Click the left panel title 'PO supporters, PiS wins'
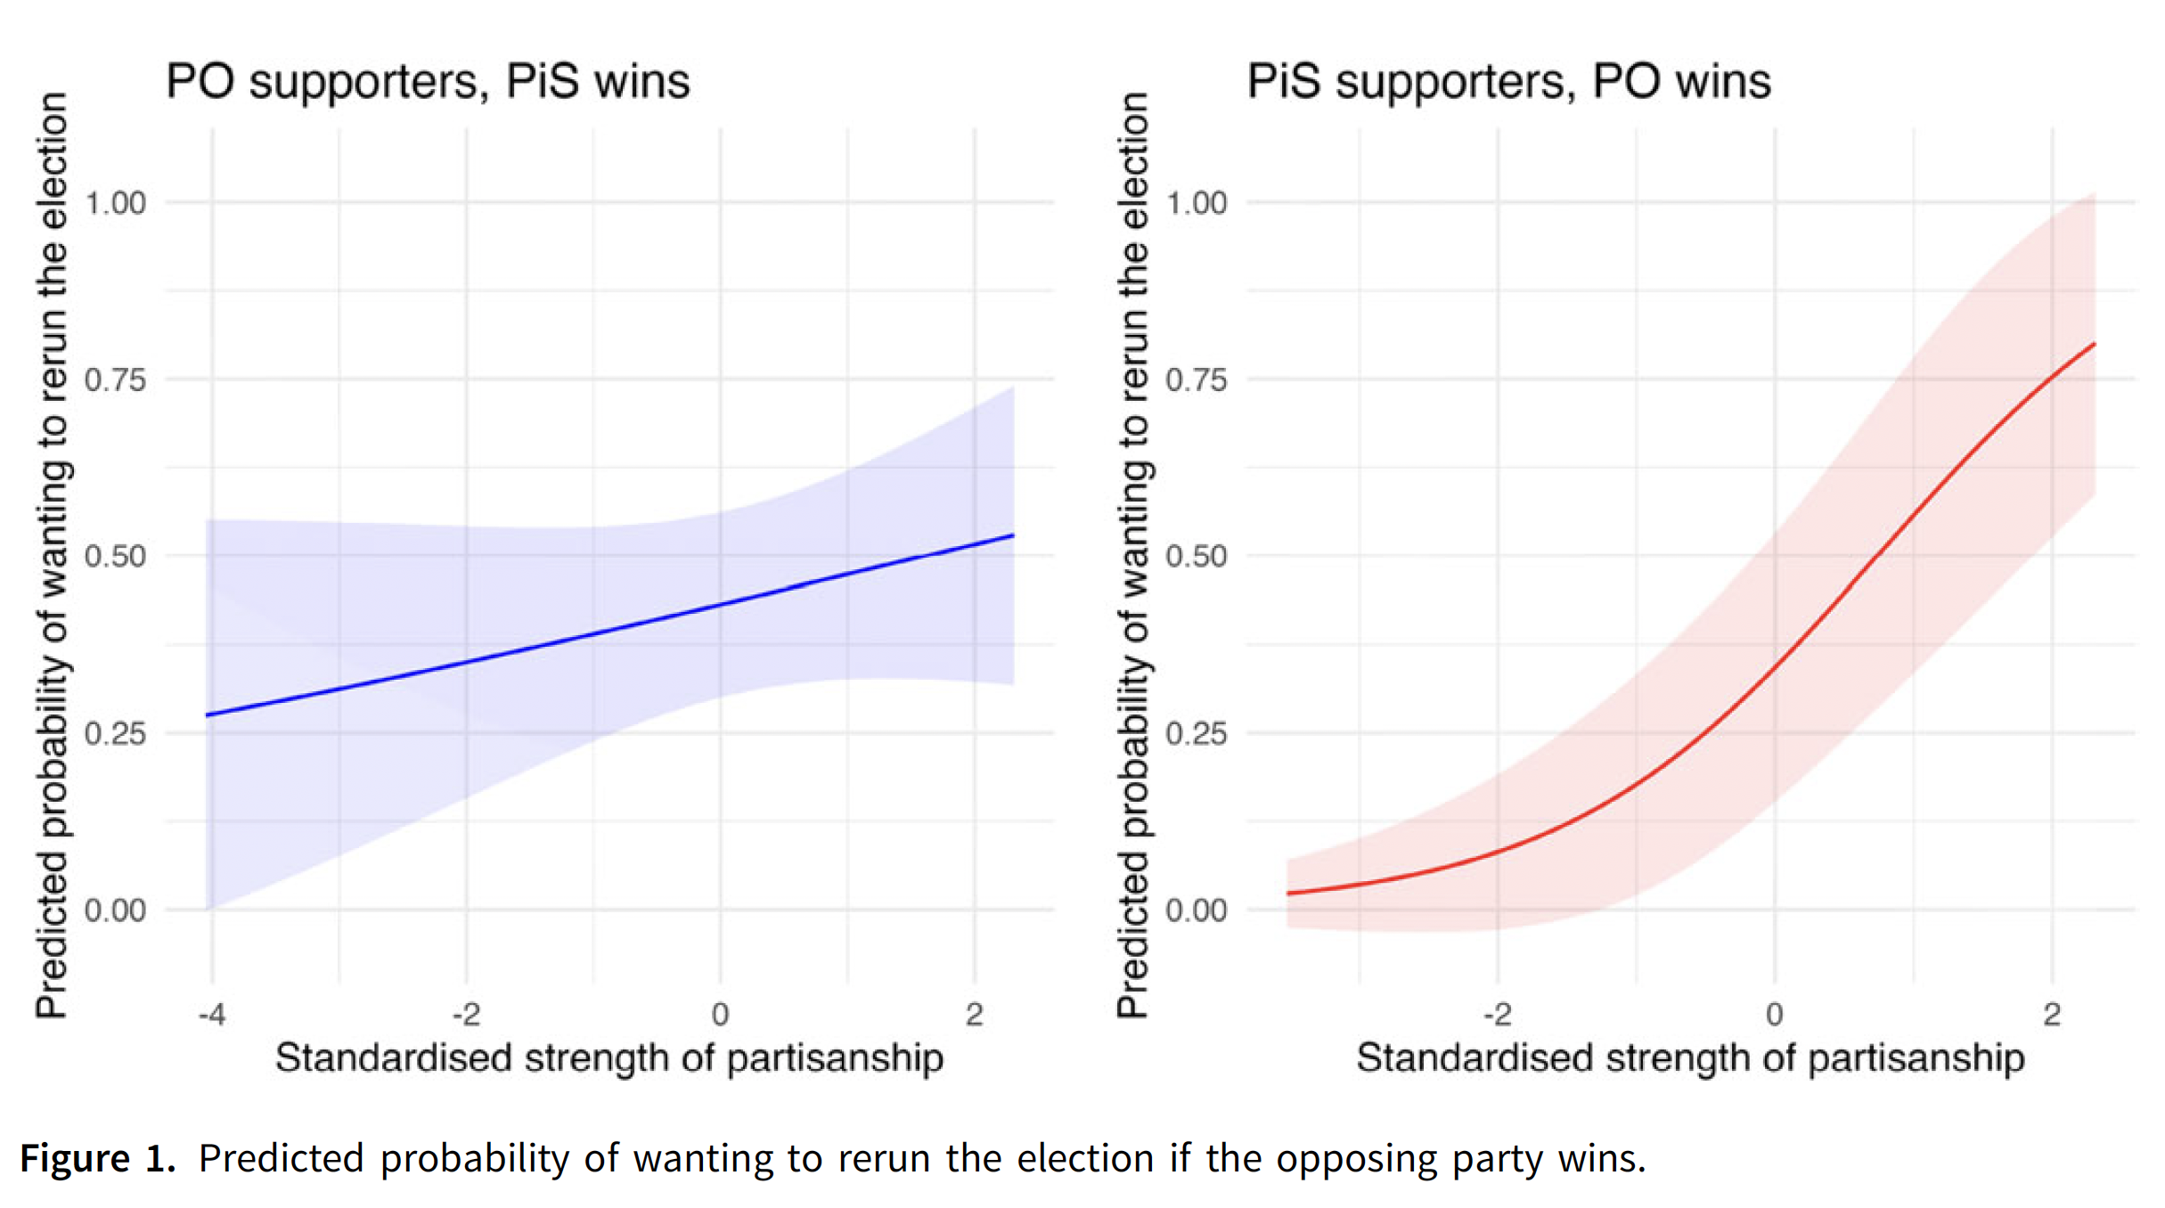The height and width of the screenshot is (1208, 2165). pos(428,81)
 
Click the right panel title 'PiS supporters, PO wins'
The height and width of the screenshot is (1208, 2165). pos(1508,81)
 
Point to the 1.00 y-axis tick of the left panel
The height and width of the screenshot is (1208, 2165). pos(116,203)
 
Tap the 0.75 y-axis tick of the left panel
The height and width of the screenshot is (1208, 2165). pos(116,380)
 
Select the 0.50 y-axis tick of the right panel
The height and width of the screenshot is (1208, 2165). pos(1197,557)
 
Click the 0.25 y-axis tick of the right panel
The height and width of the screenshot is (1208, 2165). pos(1197,734)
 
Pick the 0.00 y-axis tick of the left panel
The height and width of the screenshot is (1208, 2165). pos(116,911)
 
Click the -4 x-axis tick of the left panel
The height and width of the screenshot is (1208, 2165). pos(211,1015)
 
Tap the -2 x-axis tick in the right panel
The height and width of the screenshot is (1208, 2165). pos(1497,1015)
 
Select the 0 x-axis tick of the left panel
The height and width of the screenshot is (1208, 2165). pos(720,1015)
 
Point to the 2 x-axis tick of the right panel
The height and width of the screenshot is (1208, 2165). pos(2052,1015)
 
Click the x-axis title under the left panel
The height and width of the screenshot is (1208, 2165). pos(609,1058)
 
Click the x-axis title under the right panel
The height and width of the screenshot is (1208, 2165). pos(1690,1058)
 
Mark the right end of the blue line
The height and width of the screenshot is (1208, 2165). pos(1013,535)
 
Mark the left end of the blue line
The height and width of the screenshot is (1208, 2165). pos(208,715)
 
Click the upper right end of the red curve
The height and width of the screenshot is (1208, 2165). pos(2094,344)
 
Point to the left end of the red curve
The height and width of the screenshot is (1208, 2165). pos(1288,893)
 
